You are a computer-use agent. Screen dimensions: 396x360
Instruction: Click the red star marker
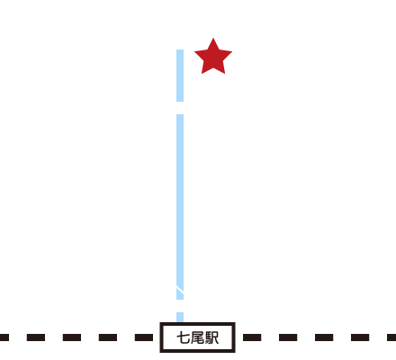point(213,58)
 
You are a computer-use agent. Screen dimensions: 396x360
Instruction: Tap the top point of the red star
point(213,39)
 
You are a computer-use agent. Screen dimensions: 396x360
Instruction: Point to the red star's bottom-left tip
point(202,73)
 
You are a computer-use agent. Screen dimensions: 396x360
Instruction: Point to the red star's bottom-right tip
point(224,73)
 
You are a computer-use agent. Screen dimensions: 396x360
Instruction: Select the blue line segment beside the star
point(180,76)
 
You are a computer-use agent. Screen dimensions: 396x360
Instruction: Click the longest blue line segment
point(180,207)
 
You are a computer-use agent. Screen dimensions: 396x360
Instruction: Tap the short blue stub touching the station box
point(180,318)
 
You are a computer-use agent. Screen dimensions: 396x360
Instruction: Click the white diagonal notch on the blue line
point(180,289)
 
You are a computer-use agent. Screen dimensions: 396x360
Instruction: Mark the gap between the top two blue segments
point(180,108)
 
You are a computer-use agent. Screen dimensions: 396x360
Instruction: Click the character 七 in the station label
point(183,337)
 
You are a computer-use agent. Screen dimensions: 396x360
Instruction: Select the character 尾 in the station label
point(197,337)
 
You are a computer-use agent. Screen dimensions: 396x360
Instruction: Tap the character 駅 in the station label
point(211,337)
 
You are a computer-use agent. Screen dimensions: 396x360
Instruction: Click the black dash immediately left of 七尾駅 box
point(144,337)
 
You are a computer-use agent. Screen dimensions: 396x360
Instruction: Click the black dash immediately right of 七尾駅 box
point(252,337)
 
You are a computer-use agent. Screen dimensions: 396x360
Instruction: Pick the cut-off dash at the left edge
point(4,337)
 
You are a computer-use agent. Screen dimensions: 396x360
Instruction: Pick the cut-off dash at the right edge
point(391,337)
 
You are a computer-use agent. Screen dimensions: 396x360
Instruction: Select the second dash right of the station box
point(288,337)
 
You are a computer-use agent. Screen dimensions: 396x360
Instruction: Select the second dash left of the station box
point(108,337)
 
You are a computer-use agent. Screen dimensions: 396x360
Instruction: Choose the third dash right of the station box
point(324,337)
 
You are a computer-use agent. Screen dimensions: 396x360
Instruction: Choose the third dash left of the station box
point(72,337)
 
